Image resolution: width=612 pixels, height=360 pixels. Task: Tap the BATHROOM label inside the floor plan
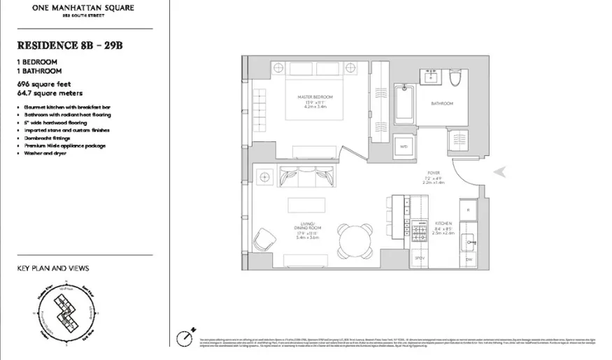click(441, 103)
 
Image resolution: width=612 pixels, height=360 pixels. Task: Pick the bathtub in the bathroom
click(404, 103)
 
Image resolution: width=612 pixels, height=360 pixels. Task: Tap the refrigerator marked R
click(467, 209)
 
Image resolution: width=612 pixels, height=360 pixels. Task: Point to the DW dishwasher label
click(467, 260)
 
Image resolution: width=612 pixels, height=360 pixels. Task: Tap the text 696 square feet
click(44, 84)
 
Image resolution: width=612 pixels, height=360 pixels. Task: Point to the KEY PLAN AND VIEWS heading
click(53, 268)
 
